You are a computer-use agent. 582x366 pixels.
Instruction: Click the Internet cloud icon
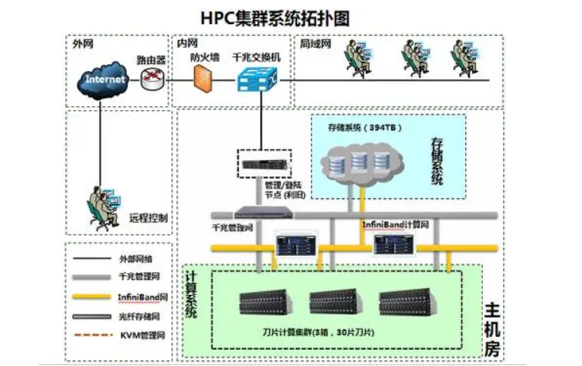click(x=105, y=79)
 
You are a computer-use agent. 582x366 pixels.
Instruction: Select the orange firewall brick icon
click(x=202, y=78)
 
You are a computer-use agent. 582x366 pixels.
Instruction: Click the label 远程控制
click(x=148, y=219)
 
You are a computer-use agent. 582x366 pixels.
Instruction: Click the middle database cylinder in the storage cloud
click(x=359, y=162)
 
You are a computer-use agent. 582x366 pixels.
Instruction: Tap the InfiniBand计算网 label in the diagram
click(x=396, y=225)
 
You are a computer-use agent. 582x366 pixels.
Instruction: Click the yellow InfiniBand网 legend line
click(x=93, y=297)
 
